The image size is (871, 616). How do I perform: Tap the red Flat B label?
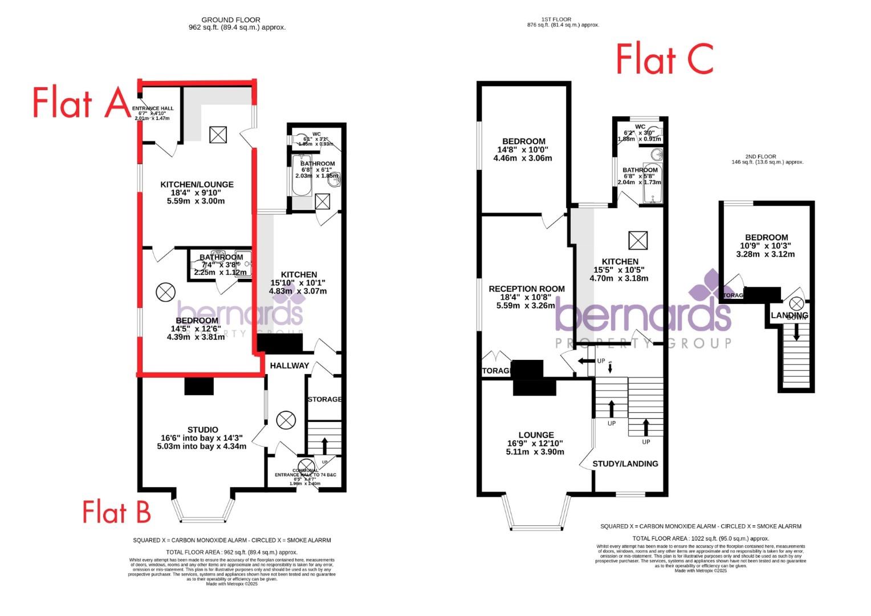coord(116,512)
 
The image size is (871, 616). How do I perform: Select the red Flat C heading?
coord(664,60)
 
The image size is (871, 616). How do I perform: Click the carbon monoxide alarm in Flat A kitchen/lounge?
coord(218,135)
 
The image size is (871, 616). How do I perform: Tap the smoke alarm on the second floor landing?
coord(796,303)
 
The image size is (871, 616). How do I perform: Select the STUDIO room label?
coord(203,429)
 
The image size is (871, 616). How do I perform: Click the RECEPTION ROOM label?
coord(526,289)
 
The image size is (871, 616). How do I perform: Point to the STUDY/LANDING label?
coord(625,464)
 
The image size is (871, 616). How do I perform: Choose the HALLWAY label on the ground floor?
coord(289,366)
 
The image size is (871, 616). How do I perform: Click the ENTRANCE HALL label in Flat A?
coord(153,108)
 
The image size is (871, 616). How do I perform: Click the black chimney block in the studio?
coord(199,387)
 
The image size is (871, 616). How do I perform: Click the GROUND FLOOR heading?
coord(231,20)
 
